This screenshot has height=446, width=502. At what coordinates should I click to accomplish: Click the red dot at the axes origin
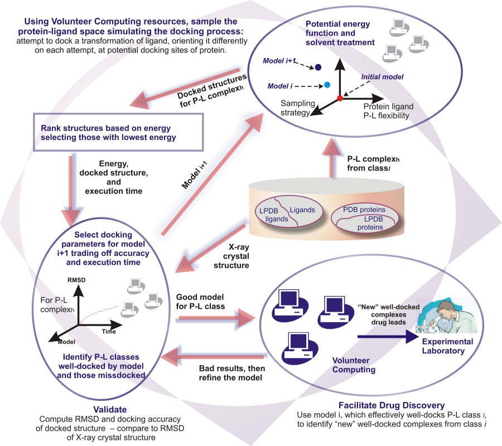pyautogui.click(x=340, y=98)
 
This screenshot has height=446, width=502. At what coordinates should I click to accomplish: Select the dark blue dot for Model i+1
pyautogui.click(x=318, y=67)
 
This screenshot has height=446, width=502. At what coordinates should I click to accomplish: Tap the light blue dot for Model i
pyautogui.click(x=327, y=85)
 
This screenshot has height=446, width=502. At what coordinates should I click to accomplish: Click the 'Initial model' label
pyautogui.click(x=382, y=77)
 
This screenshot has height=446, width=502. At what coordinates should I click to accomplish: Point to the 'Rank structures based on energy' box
pyautogui.click(x=118, y=132)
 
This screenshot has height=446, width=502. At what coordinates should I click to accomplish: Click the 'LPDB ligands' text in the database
pyautogui.click(x=273, y=215)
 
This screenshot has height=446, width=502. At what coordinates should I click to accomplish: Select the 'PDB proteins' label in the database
pyautogui.click(x=364, y=210)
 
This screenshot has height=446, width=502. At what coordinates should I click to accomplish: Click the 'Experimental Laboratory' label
pyautogui.click(x=447, y=346)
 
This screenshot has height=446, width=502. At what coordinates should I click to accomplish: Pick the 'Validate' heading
pyautogui.click(x=110, y=410)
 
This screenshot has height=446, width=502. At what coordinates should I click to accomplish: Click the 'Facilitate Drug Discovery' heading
pyautogui.click(x=392, y=405)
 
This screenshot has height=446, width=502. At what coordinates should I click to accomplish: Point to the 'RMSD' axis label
pyautogui.click(x=76, y=280)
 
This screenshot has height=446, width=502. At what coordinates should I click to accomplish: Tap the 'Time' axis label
pyautogui.click(x=109, y=332)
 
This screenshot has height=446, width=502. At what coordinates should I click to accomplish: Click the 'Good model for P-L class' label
pyautogui.click(x=200, y=302)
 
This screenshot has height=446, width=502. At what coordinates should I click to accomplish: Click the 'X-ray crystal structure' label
pyautogui.click(x=231, y=256)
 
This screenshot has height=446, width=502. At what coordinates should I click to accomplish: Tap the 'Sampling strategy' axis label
pyautogui.click(x=297, y=108)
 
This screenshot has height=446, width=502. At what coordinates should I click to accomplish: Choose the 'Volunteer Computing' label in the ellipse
pyautogui.click(x=354, y=365)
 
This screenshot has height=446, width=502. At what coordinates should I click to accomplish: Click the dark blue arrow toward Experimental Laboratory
pyautogui.click(x=388, y=337)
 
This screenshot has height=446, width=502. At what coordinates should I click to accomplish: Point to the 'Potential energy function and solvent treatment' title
pyautogui.click(x=340, y=33)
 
